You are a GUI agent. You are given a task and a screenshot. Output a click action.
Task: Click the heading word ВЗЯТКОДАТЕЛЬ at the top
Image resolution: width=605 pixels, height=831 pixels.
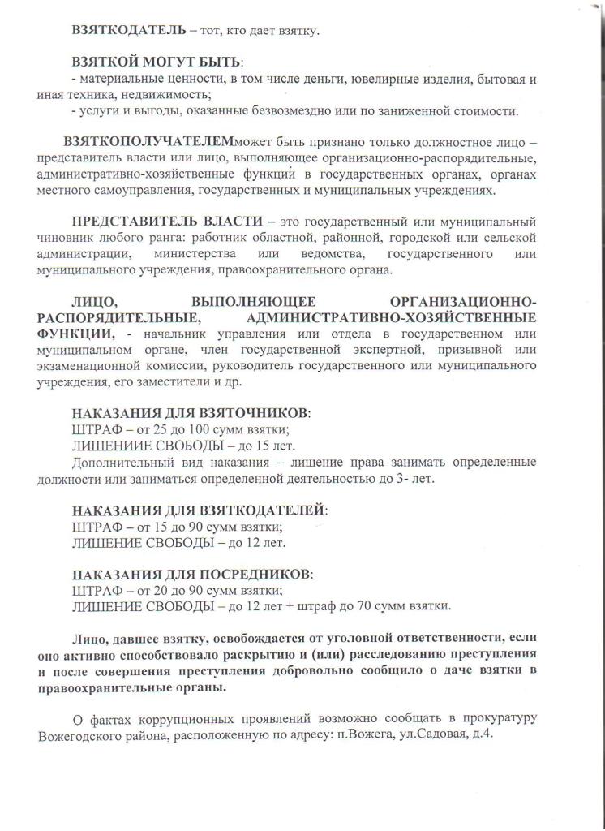click(x=123, y=31)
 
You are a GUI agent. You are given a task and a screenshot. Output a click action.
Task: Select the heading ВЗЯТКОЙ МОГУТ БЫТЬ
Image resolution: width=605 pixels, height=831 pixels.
click(x=157, y=62)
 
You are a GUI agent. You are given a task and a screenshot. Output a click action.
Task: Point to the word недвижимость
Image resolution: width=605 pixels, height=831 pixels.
click(x=152, y=95)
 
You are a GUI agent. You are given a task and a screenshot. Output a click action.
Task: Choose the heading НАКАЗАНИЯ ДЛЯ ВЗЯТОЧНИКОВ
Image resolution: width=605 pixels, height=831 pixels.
click(x=191, y=413)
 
